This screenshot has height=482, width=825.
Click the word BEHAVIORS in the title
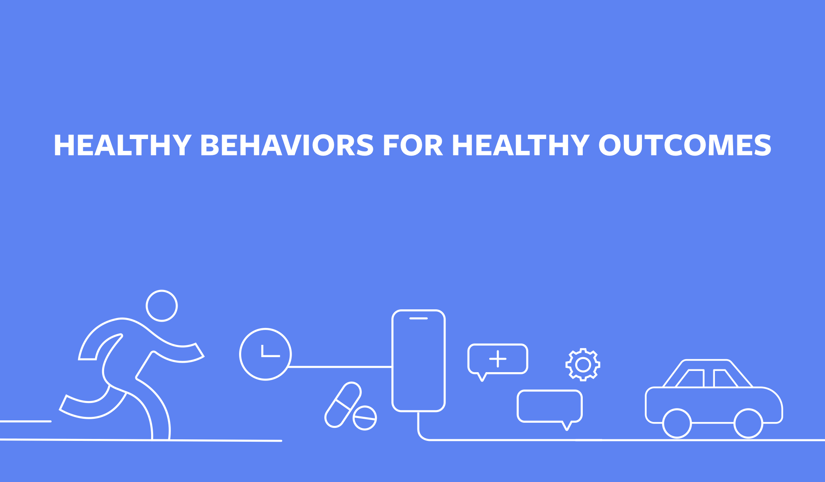pos(287,145)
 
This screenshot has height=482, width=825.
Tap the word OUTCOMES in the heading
pos(685,145)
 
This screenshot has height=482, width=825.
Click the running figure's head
pos(162,306)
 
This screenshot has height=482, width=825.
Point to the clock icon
pos(266,354)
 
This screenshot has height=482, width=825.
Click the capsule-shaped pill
pos(342,405)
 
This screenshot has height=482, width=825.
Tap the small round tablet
pos(365,418)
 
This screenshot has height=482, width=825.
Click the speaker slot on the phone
pos(419,318)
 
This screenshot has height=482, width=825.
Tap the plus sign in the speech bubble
pos(498,359)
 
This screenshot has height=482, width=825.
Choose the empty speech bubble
pos(550,406)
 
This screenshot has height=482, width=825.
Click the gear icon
pos(583,365)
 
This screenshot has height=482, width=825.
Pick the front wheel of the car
pos(748,424)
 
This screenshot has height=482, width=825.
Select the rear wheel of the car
pos(677,424)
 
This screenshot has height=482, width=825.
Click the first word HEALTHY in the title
pos(122,145)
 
